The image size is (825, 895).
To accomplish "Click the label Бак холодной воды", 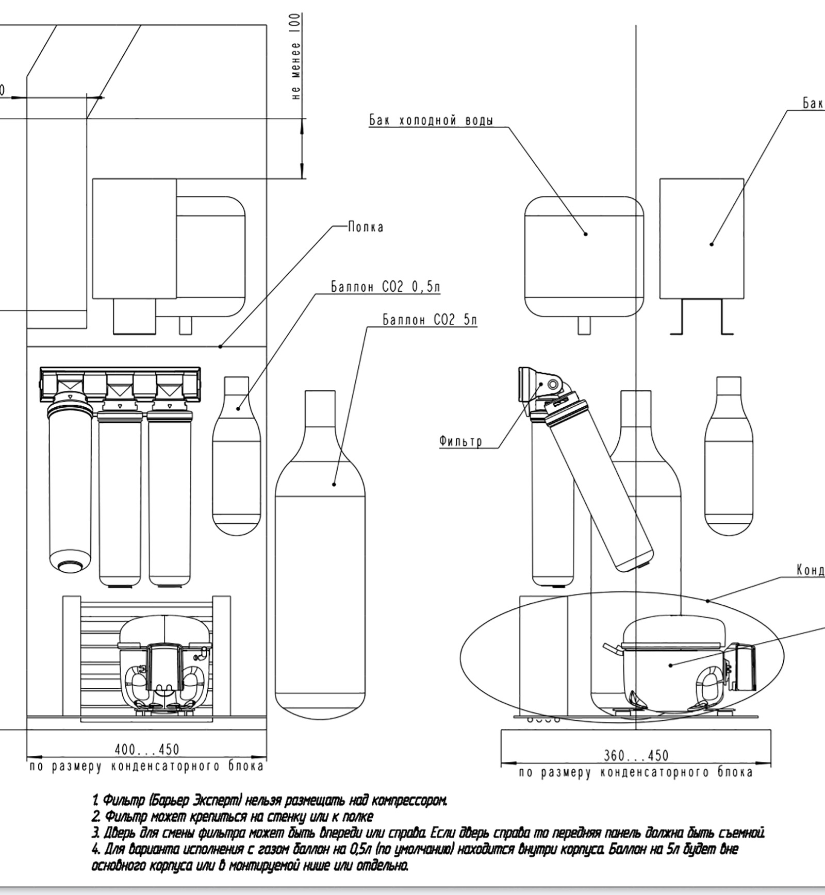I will (x=431, y=121).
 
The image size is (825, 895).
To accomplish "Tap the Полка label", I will (x=366, y=227).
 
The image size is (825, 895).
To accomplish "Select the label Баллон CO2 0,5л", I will (x=386, y=287).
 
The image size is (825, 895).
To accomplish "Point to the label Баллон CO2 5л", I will (x=430, y=320).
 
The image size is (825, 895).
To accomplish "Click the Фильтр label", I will (x=460, y=441).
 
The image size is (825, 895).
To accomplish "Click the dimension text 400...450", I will (x=146, y=750).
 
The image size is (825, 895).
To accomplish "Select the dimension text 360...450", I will (x=636, y=756).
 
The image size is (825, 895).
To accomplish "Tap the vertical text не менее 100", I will (x=295, y=57).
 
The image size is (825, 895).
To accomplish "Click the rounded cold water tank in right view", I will (x=584, y=258).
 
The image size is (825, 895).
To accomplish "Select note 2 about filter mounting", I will (x=232, y=817).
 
